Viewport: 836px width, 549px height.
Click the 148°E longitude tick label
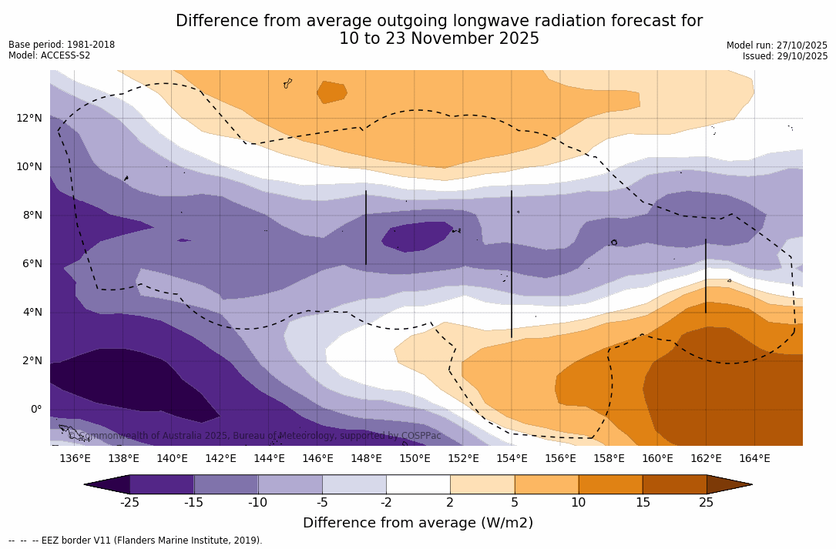[366, 459]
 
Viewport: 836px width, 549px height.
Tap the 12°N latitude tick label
[29, 119]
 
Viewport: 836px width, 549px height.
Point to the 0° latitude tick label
[35, 410]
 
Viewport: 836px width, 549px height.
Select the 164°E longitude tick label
[754, 459]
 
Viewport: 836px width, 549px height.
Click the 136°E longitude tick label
[75, 459]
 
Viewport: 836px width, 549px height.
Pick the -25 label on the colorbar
[129, 503]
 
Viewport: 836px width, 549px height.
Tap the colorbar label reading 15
[642, 503]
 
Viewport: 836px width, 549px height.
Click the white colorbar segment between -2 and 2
[418, 484]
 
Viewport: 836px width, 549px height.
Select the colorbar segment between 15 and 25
[674, 484]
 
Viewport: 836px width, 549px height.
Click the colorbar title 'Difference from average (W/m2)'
[418, 524]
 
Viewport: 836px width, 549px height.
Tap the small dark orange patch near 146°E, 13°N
[331, 92]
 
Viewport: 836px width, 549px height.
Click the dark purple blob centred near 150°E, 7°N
[417, 236]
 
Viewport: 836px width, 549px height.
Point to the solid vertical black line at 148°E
[366, 228]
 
